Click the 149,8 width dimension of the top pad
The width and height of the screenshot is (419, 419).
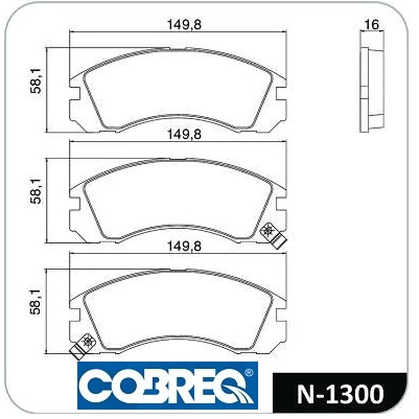pos(184,25)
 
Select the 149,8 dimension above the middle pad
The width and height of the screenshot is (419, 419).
pos(184,134)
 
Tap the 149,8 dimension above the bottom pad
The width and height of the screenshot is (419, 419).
pos(184,246)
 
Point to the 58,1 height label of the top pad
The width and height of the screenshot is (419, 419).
pos(35,81)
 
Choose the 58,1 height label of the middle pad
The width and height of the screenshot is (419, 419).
pos(35,191)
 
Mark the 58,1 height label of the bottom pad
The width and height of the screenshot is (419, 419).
pos(35,302)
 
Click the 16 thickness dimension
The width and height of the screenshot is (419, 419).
pos(372,25)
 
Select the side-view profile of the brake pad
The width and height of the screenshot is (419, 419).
pos(372,90)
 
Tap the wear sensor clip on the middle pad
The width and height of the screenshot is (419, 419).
pos(273,235)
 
